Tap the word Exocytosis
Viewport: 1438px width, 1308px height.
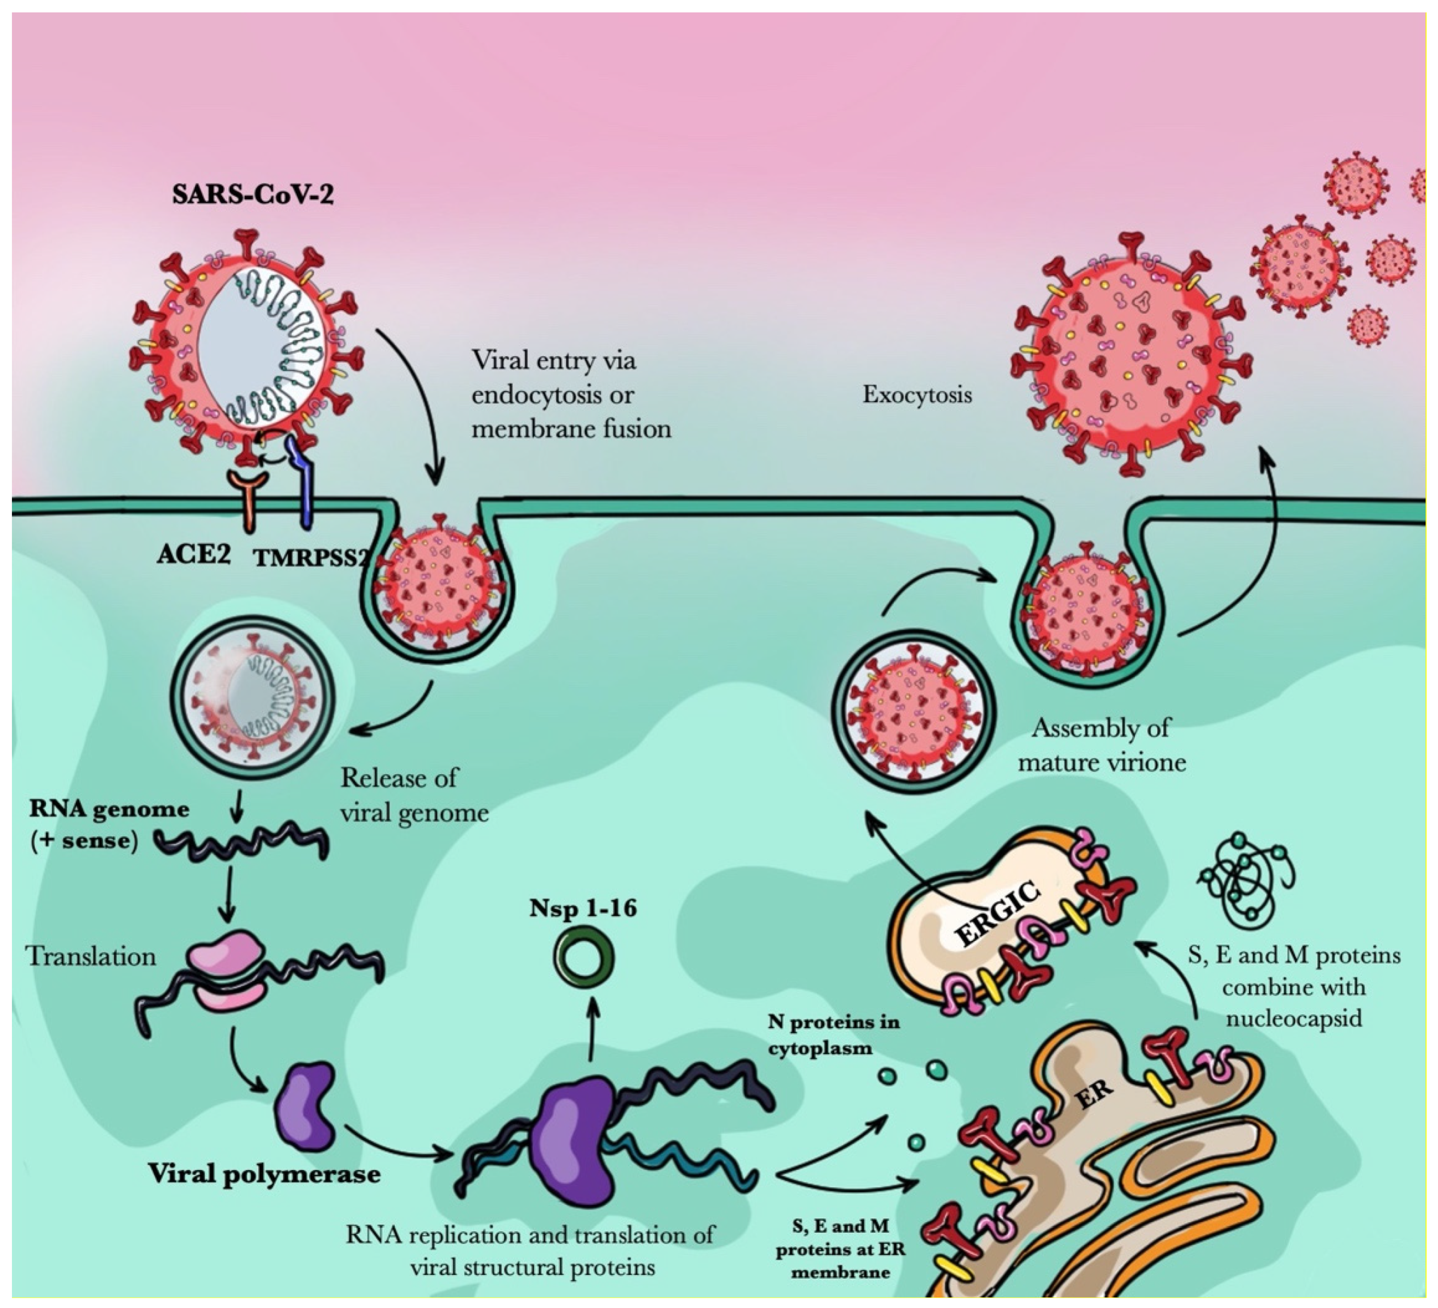tap(916, 394)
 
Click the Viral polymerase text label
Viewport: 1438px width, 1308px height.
tap(264, 1173)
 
